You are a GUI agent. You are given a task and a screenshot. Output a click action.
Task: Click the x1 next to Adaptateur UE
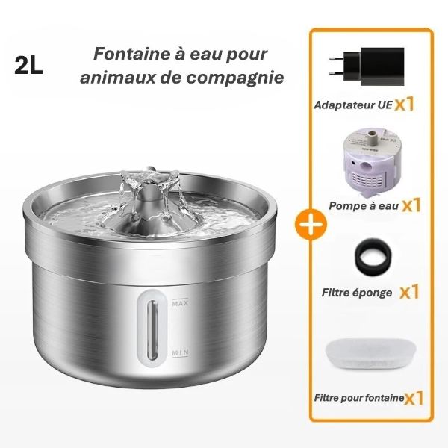[x=404, y=103]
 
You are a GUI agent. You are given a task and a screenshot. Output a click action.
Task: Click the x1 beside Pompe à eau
[x=411, y=203]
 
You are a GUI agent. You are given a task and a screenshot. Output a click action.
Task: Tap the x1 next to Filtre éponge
[x=408, y=291]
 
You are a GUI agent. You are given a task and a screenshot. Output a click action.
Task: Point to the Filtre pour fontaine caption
[x=358, y=399]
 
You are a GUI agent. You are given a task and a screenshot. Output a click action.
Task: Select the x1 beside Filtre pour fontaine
[x=414, y=398]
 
